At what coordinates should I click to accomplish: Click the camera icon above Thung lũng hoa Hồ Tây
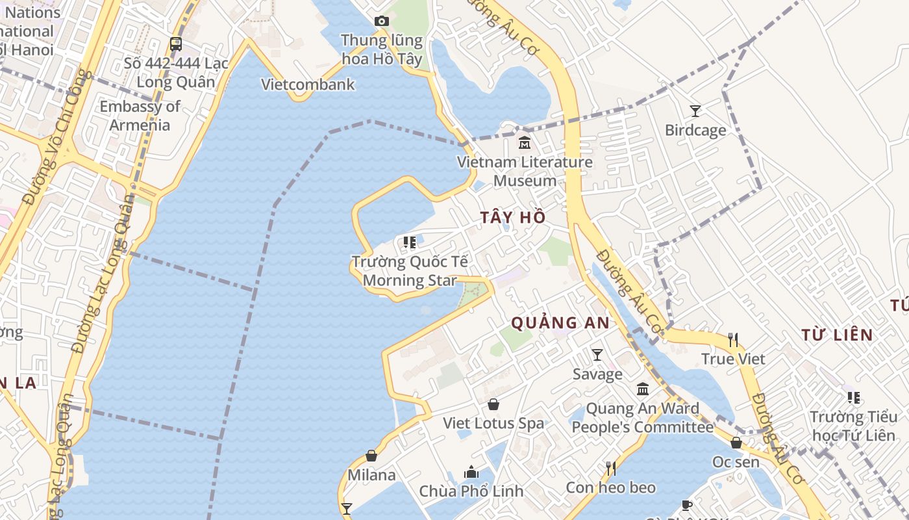click(x=382, y=21)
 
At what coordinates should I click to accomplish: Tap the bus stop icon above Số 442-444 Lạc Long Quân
click(x=176, y=44)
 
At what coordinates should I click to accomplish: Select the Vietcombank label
click(x=308, y=84)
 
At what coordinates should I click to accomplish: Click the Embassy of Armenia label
click(x=140, y=115)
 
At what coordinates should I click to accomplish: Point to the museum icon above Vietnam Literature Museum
click(x=525, y=142)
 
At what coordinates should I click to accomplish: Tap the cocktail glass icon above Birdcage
click(x=695, y=111)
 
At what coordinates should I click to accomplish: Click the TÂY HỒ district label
click(x=513, y=218)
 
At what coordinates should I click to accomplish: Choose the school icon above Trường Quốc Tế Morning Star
click(x=410, y=242)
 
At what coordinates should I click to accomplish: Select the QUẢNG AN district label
click(x=560, y=322)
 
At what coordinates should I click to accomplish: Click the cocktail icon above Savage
click(x=597, y=355)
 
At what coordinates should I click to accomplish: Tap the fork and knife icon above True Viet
click(x=733, y=339)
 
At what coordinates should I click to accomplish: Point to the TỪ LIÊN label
click(x=836, y=335)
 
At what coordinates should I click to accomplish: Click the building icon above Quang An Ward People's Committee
click(x=643, y=389)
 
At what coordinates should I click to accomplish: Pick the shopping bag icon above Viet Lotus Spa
click(x=493, y=404)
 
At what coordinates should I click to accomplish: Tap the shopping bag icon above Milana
click(x=371, y=456)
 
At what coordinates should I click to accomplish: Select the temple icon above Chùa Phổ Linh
click(x=471, y=471)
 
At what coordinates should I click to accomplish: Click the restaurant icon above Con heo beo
click(x=610, y=468)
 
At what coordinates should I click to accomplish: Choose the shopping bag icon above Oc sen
click(x=736, y=443)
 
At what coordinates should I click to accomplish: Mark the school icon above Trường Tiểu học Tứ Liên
click(x=854, y=397)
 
